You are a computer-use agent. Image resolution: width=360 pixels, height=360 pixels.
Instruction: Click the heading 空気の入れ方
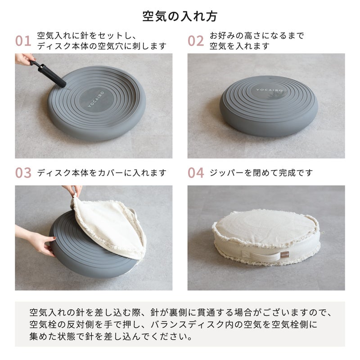pyautogui.click(x=180, y=16)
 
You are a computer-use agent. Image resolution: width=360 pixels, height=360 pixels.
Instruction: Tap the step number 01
pyautogui.click(x=23, y=41)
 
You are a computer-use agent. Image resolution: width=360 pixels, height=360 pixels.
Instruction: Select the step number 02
pyautogui.click(x=196, y=41)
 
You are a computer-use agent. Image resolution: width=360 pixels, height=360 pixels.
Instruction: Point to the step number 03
pyautogui.click(x=23, y=173)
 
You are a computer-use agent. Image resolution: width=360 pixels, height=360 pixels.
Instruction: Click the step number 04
pyautogui.click(x=196, y=173)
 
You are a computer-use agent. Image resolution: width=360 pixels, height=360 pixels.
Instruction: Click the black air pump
pyautogui.click(x=48, y=73)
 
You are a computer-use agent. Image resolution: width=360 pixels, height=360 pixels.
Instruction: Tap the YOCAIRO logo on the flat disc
pyautogui.click(x=96, y=99)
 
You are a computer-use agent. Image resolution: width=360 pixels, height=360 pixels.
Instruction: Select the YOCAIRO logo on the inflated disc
pyautogui.click(x=269, y=90)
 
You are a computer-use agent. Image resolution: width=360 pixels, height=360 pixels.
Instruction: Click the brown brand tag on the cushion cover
pyautogui.click(x=284, y=254)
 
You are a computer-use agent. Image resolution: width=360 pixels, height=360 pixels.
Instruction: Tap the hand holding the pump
pyautogui.click(x=24, y=59)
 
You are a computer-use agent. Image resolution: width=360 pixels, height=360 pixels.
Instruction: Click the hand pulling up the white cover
pyautogui.click(x=73, y=190)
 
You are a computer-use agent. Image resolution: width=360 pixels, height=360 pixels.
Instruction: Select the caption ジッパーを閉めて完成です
pyautogui.click(x=261, y=173)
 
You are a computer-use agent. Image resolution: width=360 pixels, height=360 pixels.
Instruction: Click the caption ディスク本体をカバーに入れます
pyautogui.click(x=102, y=173)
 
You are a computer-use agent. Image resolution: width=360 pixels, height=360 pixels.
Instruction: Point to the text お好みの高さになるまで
pyautogui.click(x=256, y=36)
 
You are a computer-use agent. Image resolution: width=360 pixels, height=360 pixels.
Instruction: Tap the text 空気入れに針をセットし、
pyautogui.click(x=87, y=36)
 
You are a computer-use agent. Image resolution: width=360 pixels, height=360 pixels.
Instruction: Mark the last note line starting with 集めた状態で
pyautogui.click(x=111, y=337)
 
